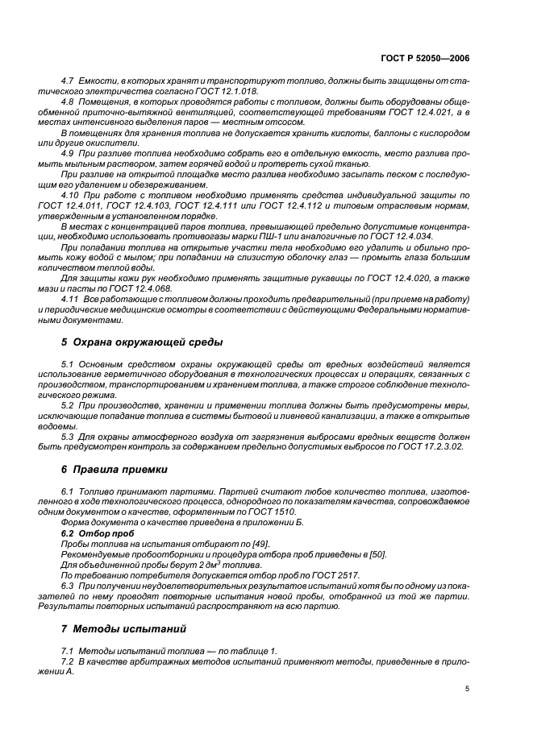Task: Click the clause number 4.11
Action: tap(70, 298)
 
